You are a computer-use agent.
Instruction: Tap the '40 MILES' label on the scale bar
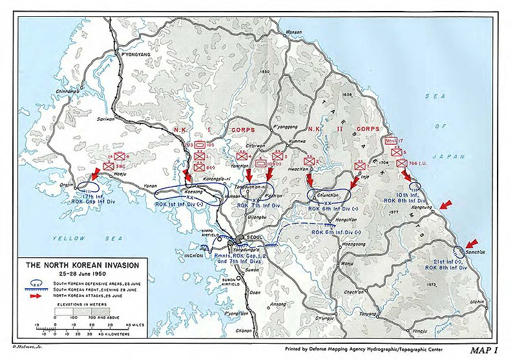point(139,326)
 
